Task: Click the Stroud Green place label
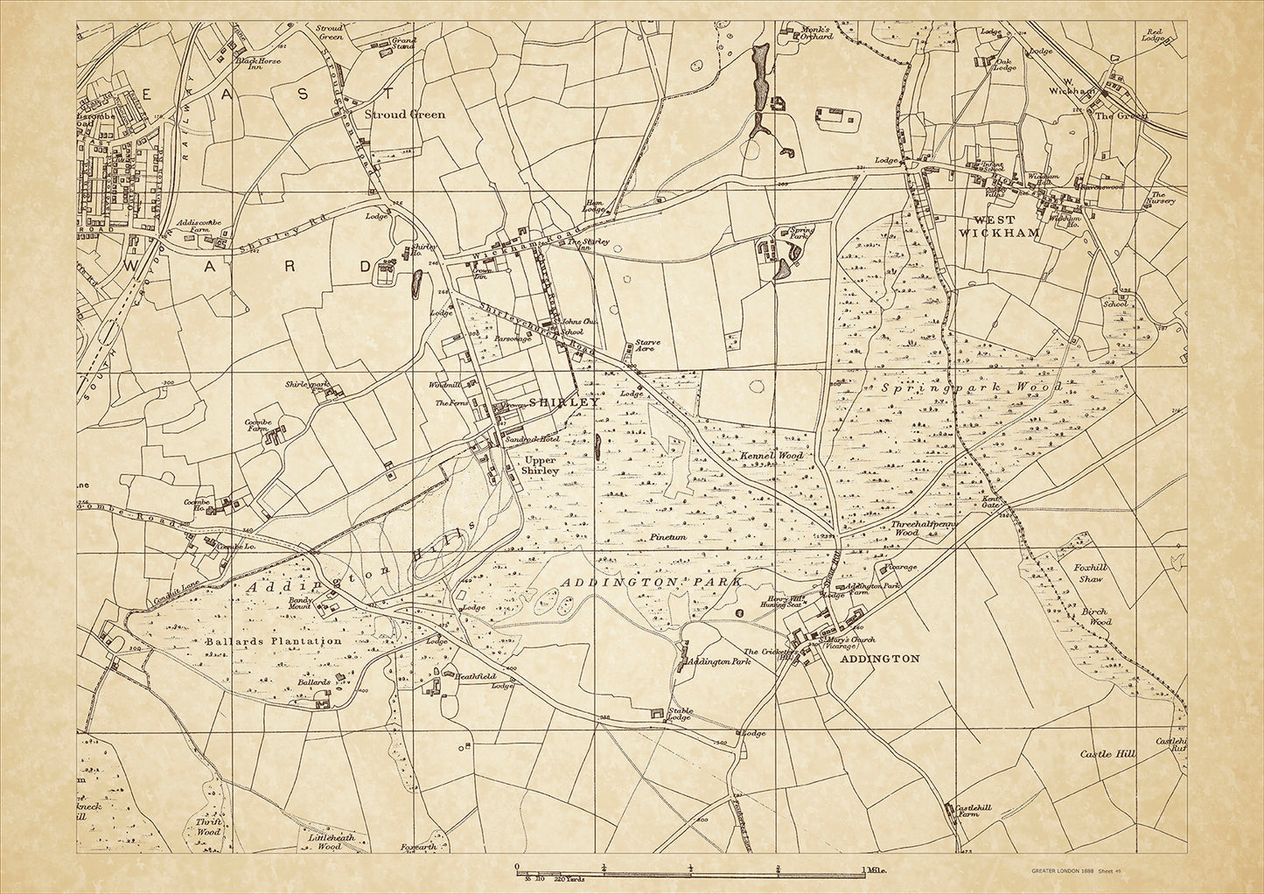404,115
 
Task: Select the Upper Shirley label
540,464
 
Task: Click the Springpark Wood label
971,387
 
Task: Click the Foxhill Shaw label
1090,573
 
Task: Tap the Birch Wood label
1093,617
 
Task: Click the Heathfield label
463,676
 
